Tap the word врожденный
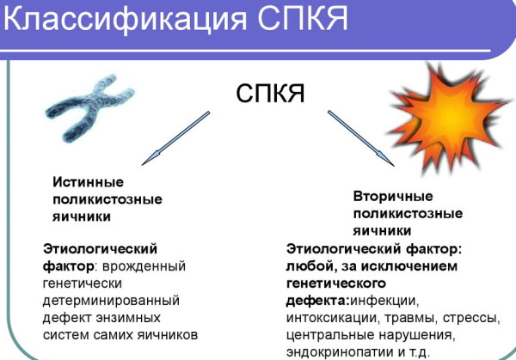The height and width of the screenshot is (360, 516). point(150,265)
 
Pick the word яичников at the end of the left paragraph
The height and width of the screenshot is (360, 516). point(170,333)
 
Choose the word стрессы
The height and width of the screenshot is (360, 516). point(471,317)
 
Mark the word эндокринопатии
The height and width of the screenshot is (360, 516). point(335,351)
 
